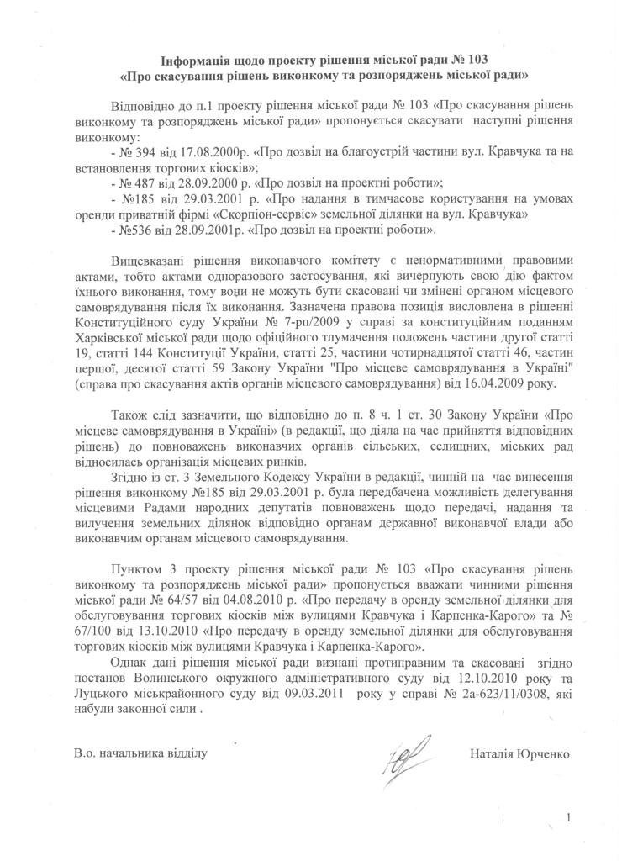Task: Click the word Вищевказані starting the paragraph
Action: click(x=149, y=261)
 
